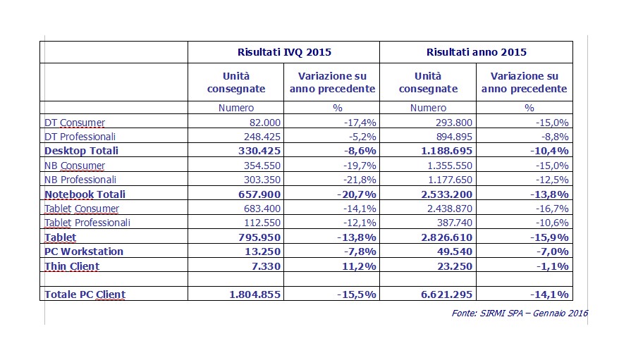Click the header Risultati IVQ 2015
[x=284, y=52]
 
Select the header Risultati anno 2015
[x=476, y=52]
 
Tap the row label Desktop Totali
[x=81, y=151]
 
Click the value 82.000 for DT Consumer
[x=262, y=123]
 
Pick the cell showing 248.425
[x=262, y=137]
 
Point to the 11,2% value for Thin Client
[x=359, y=266]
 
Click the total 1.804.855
[x=255, y=294]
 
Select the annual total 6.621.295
[x=447, y=294]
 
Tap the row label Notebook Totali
[x=85, y=194]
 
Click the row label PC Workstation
[x=84, y=252]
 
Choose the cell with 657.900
[x=259, y=194]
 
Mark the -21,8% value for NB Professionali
[x=360, y=180]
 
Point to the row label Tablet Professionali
[x=87, y=223]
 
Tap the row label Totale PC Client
[x=85, y=294]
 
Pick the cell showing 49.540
[x=455, y=252]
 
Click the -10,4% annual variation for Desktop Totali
[x=549, y=151]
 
